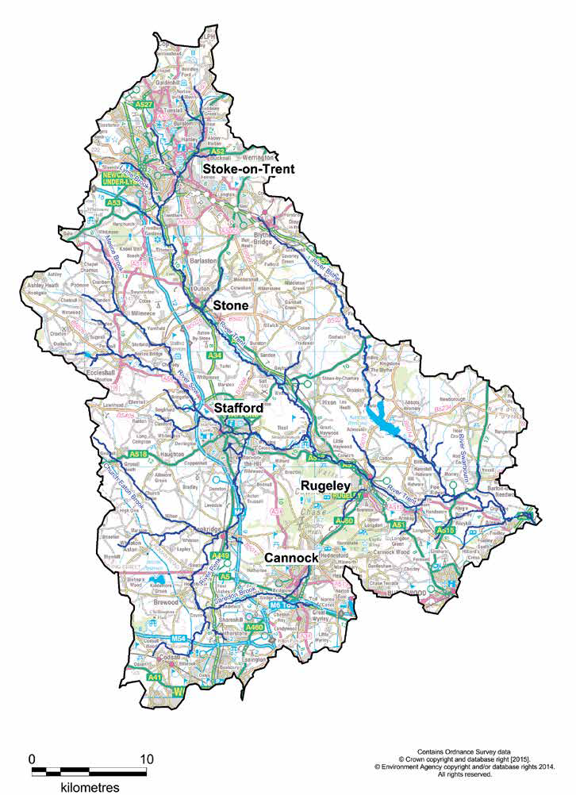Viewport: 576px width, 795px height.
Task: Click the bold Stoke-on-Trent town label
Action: coord(248,169)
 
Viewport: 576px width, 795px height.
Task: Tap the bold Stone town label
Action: coord(230,305)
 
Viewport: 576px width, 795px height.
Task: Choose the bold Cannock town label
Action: coord(291,558)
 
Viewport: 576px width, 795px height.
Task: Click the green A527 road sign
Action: coord(144,105)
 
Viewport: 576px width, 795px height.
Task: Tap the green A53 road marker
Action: coord(113,203)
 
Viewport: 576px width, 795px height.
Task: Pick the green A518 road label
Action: coord(137,453)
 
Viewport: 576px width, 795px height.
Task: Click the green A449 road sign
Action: coord(222,555)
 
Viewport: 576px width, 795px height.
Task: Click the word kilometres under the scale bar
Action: coord(90,787)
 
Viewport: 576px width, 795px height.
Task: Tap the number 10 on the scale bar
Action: coord(147,758)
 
